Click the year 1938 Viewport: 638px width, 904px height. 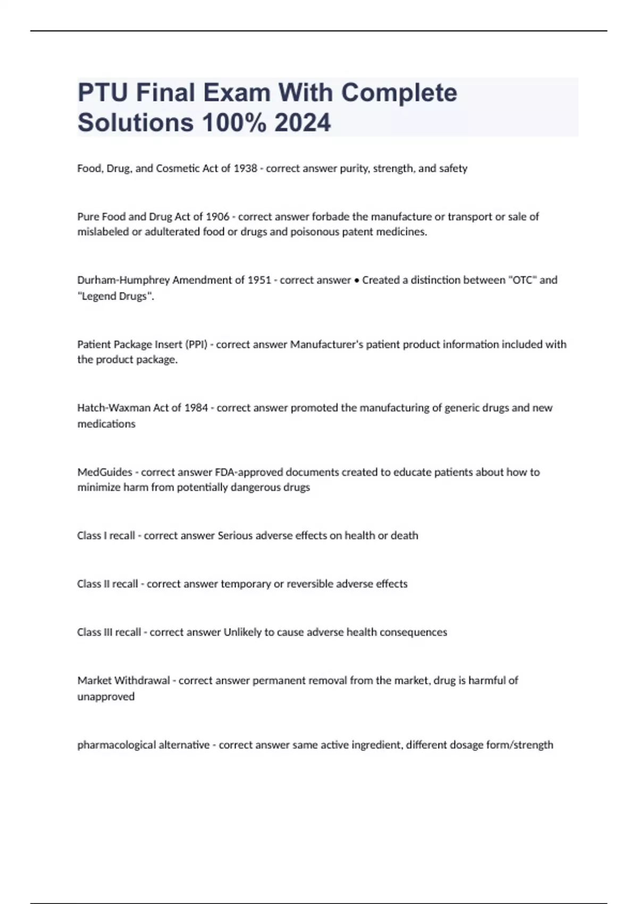point(245,169)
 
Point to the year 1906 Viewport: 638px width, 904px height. point(217,216)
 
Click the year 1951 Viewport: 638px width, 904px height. point(259,280)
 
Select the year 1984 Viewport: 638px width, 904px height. point(196,408)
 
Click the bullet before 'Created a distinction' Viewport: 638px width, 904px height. point(356,280)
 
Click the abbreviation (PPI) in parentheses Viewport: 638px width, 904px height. point(196,345)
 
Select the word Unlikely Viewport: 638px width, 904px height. point(242,632)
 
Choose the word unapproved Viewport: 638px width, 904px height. point(106,697)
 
